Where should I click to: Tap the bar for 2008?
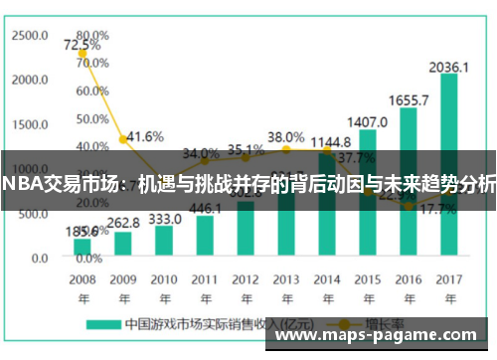point(83,247)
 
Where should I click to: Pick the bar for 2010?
point(164,241)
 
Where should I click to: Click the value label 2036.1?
point(449,67)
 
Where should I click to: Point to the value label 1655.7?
point(409,100)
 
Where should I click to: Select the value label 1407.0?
point(368,122)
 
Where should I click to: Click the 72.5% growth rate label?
point(82,46)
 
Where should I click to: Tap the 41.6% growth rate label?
point(144,136)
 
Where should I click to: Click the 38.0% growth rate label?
point(286,136)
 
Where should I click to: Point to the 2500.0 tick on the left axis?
point(30,35)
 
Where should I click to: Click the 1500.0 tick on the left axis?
point(30,124)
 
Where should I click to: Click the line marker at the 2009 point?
point(123,140)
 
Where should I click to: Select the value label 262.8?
point(123,223)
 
